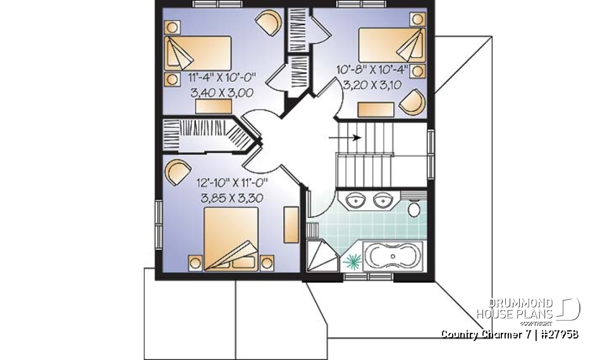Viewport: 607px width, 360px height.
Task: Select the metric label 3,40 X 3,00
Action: [222, 93]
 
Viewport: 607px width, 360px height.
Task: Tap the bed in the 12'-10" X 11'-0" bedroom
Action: [231, 237]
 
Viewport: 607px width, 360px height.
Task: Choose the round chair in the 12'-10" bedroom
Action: [177, 170]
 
